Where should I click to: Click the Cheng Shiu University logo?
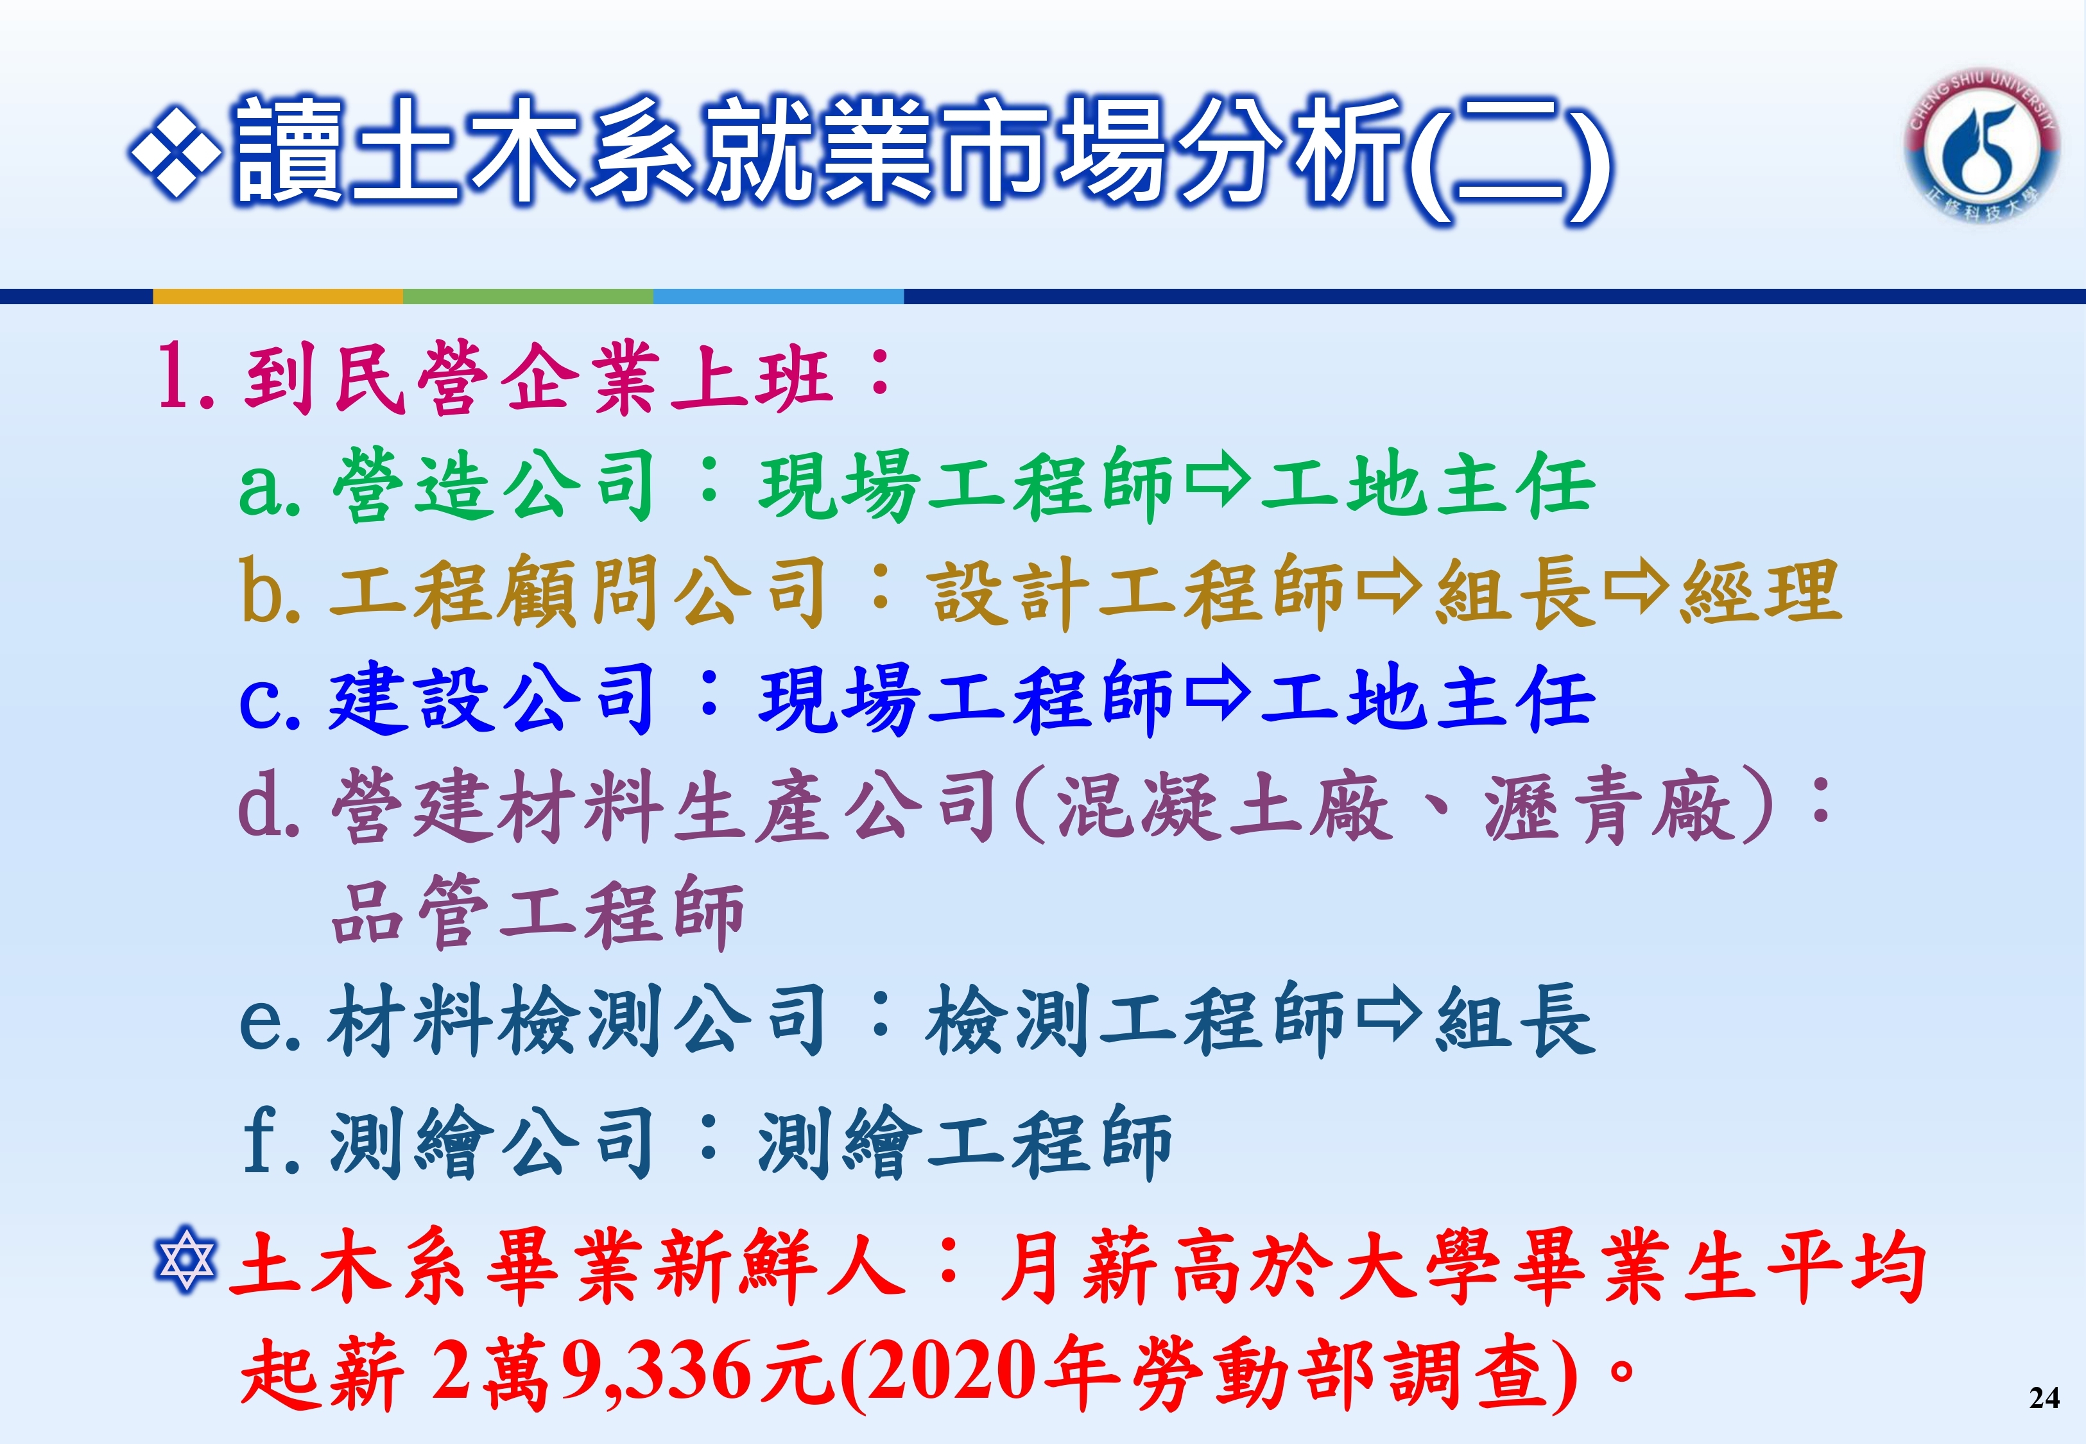point(1982,148)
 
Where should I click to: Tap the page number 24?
point(2044,1398)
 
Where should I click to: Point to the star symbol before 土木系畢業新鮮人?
point(185,1258)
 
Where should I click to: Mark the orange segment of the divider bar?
point(278,296)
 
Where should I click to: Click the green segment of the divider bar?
point(528,296)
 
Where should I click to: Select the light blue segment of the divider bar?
point(779,296)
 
